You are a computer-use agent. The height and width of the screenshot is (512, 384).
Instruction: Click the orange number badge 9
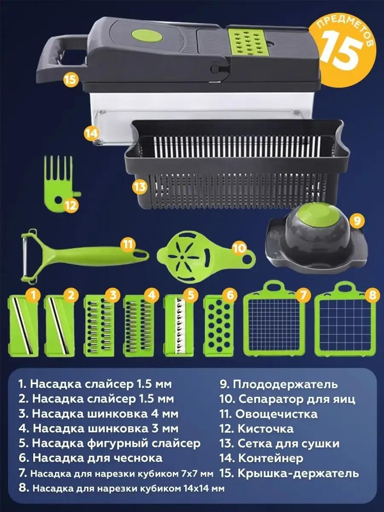tap(357, 221)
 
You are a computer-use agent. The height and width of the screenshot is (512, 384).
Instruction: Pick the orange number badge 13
tap(140, 186)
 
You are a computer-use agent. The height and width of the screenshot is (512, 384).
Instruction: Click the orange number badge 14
tap(91, 134)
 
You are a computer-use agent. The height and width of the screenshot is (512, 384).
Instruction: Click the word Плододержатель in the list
tap(285, 384)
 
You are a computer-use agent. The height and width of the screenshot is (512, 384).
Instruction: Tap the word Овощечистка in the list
tap(276, 414)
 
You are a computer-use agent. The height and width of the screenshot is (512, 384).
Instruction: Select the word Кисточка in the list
tap(265, 429)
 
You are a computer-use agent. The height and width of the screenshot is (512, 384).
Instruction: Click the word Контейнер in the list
tap(271, 458)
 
